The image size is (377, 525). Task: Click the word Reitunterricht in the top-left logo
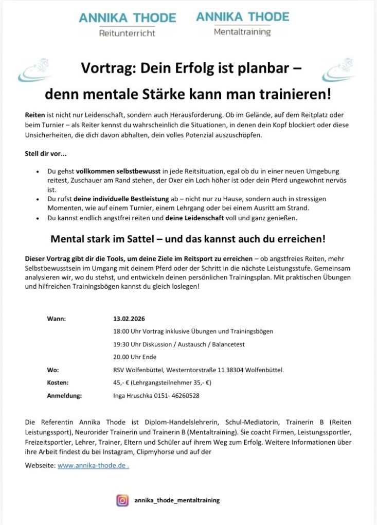coord(127,34)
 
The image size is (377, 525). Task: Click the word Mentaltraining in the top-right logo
coord(242,32)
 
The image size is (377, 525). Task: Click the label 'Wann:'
coord(56,319)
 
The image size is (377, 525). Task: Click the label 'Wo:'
coord(53,370)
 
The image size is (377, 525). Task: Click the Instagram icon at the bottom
coord(122,500)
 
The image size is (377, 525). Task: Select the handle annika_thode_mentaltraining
coord(176,500)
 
